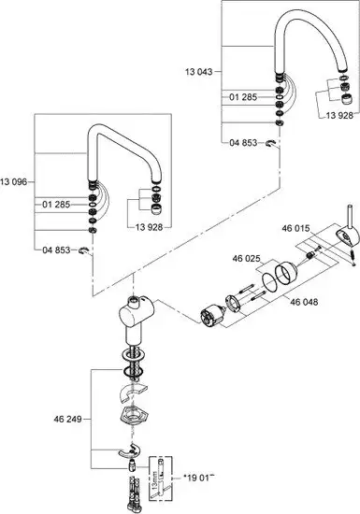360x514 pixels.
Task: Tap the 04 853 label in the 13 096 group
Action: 57,250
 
